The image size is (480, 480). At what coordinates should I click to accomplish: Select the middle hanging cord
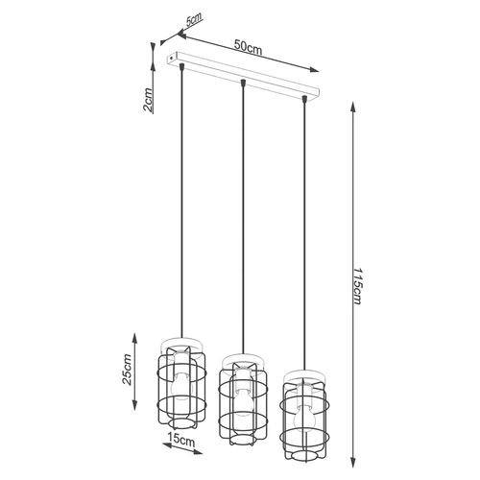point(243,221)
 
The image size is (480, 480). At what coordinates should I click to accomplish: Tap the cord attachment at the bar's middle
point(244,84)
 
